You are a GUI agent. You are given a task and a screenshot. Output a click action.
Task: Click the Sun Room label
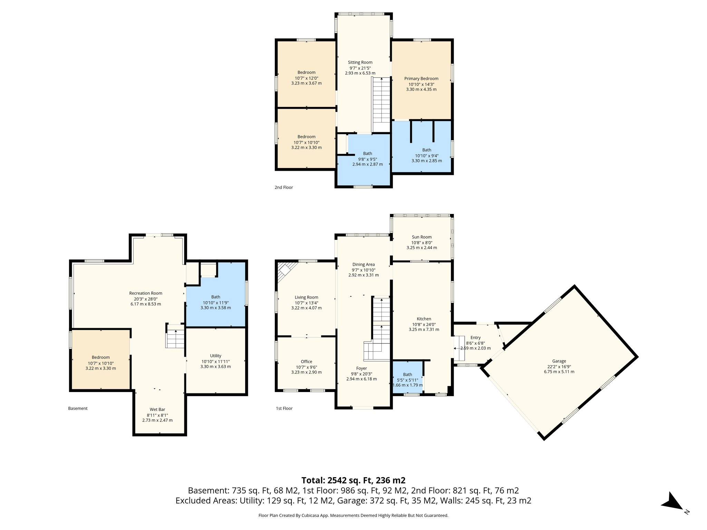pos(422,237)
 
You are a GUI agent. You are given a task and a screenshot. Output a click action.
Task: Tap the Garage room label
pos(559,361)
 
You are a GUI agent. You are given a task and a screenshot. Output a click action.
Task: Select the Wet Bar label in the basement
pos(157,410)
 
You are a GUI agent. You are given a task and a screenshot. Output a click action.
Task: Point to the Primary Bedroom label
pos(421,79)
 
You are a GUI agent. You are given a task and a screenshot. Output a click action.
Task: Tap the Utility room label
pos(215,356)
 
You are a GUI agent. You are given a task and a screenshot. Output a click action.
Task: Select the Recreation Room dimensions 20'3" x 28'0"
pos(146,299)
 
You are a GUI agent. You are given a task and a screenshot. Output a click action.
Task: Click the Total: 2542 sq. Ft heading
pos(353,480)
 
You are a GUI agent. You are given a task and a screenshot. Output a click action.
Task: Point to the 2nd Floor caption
pos(283,187)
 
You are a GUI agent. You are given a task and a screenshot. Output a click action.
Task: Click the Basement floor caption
pos(78,408)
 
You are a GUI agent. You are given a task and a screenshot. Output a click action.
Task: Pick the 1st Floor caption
pos(284,408)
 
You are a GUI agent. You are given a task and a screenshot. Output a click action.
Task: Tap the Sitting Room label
pos(360,62)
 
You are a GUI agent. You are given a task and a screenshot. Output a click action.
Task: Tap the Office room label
pos(306,362)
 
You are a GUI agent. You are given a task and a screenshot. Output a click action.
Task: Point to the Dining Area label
pos(363,264)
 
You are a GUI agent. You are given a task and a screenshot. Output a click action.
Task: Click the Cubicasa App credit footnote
pos(353,516)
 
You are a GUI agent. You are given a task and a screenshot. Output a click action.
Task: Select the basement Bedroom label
pos(100,357)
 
